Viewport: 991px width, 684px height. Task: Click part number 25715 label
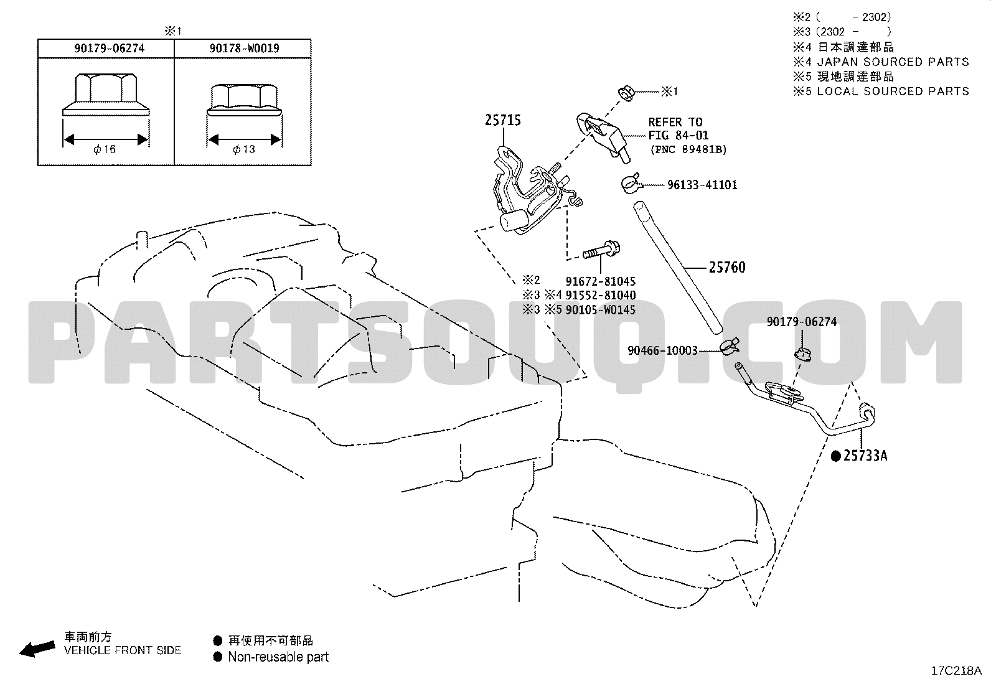click(x=502, y=120)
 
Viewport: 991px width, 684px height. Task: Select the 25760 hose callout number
click(x=727, y=267)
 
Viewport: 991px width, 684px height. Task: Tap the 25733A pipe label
click(x=865, y=455)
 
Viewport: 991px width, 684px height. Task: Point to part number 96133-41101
click(x=702, y=185)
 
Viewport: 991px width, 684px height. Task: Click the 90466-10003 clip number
click(x=662, y=350)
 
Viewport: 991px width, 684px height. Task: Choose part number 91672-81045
click(x=600, y=281)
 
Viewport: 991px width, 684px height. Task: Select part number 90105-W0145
click(x=600, y=310)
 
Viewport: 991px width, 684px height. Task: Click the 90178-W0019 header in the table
click(x=244, y=48)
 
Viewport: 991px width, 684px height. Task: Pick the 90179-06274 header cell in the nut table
click(x=110, y=48)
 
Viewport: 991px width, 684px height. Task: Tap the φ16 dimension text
click(x=105, y=149)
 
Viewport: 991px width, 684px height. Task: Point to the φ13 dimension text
click(x=244, y=149)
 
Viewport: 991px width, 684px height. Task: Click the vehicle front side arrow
click(x=37, y=649)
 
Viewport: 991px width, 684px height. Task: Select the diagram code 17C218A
click(x=956, y=671)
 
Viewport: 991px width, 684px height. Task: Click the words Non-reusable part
click(x=278, y=657)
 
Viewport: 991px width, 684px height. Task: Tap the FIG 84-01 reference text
click(x=679, y=136)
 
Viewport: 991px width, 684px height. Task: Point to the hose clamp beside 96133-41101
click(x=630, y=183)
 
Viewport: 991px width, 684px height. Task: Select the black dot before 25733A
click(x=836, y=456)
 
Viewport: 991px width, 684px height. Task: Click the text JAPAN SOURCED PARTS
click(x=893, y=62)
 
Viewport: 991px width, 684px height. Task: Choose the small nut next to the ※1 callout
click(x=626, y=93)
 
